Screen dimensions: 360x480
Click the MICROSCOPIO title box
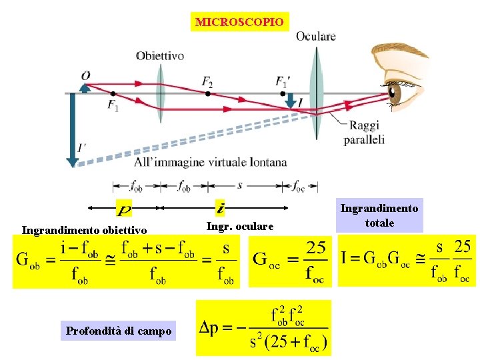tap(240, 22)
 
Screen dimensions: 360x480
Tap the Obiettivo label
tap(160, 56)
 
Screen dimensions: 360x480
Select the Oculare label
tap(315, 36)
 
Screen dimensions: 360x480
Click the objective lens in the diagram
tap(160, 93)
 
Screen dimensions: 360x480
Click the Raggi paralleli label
tap(364, 134)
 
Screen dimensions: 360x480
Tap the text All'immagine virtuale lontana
tap(210, 162)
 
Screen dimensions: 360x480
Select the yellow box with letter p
tap(124, 208)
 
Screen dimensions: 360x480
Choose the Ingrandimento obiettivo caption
tap(84, 231)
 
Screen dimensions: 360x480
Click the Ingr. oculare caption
tap(240, 227)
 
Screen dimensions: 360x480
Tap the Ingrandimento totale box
tap(379, 216)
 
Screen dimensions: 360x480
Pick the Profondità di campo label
tap(119, 330)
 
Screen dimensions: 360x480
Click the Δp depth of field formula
tap(263, 327)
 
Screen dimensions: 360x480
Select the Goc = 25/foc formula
tap(289, 262)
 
